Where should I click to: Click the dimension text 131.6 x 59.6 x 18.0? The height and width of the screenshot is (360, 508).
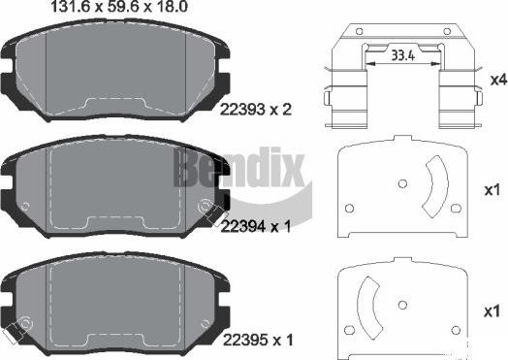point(119,7)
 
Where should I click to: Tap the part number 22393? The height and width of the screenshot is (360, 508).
point(242,110)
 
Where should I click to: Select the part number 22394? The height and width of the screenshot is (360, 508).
point(242,226)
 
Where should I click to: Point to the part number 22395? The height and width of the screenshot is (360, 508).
point(245,341)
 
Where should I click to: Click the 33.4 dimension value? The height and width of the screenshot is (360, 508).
point(402,55)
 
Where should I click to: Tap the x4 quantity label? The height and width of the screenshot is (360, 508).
point(498,80)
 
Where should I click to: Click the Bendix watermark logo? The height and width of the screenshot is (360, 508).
point(239,167)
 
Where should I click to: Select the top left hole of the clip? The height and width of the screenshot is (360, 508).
point(359,31)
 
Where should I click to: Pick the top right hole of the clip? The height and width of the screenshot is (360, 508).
point(447,31)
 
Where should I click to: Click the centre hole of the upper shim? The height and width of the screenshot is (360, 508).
point(402,184)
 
